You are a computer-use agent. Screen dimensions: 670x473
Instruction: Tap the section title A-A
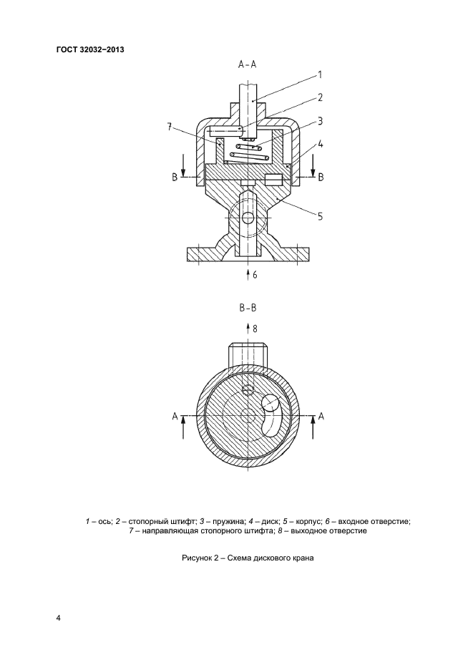tap(248, 64)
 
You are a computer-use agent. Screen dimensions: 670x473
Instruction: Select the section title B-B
tap(248, 309)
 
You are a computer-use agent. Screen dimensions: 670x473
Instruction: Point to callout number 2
tap(321, 97)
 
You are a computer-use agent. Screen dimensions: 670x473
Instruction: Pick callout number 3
tap(321, 121)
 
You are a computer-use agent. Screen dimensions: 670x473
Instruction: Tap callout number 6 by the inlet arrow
tap(255, 274)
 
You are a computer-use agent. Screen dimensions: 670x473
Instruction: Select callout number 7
tap(170, 127)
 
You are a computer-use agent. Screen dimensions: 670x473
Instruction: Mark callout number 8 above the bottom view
tap(255, 328)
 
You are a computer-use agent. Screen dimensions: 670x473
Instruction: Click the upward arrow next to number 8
tap(248, 329)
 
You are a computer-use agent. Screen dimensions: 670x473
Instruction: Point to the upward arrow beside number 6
tap(248, 273)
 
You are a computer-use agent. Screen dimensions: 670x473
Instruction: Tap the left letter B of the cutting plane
tap(174, 177)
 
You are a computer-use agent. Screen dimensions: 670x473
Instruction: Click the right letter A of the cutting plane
tap(321, 415)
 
